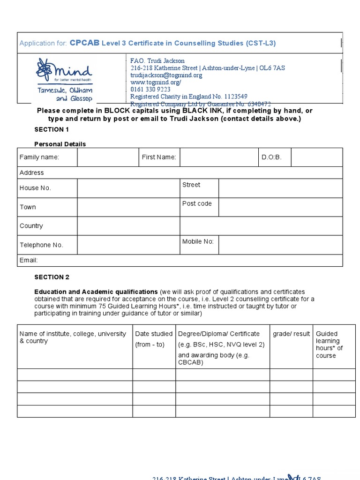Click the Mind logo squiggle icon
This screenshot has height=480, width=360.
45,69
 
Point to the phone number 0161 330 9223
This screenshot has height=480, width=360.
150,90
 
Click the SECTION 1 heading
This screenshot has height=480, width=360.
52,129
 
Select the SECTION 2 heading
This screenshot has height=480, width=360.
52,277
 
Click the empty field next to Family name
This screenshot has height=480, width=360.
108,157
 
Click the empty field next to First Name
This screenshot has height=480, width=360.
218,157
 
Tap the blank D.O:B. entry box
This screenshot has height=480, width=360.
316,157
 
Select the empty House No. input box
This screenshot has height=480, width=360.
128,188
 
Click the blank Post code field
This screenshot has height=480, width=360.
280,207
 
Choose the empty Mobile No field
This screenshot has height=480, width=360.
280,245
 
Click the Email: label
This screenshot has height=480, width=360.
29,260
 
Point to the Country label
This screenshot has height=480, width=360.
31,226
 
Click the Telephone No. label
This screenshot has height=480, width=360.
41,245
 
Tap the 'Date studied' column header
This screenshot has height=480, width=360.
154,334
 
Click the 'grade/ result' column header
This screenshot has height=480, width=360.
291,334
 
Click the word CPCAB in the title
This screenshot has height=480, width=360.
84,43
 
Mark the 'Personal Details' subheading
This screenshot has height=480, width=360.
60,144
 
